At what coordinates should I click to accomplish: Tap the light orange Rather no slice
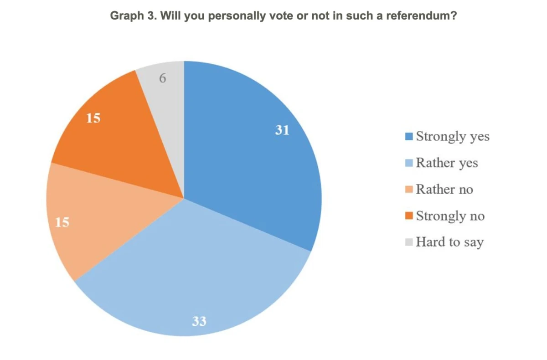[87, 219]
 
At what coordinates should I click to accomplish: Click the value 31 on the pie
[282, 130]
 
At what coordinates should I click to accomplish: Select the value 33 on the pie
[199, 321]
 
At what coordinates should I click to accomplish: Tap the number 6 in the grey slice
[163, 78]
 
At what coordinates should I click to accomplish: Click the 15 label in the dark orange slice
[93, 119]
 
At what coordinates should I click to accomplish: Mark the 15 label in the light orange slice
[62, 223]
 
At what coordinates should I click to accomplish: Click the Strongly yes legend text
[452, 136]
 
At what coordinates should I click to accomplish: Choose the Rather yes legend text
[447, 163]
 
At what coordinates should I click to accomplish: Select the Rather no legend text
[444, 189]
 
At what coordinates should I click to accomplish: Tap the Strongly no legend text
[450, 216]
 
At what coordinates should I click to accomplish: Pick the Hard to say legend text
[449, 242]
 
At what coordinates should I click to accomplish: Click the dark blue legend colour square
[409, 136]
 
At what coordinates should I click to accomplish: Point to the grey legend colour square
[409, 242]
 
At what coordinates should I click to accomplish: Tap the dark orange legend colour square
[409, 216]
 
